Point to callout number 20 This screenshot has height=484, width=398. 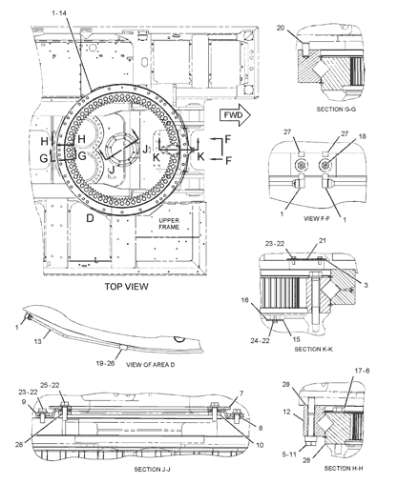[280, 28]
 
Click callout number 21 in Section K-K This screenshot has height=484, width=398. [323, 240]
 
